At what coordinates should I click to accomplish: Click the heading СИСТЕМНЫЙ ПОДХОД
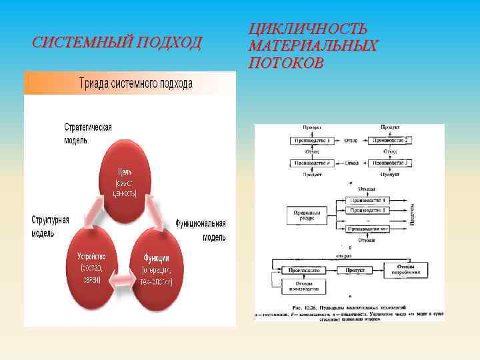117,43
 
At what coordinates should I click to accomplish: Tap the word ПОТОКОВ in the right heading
287,63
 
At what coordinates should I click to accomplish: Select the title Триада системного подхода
136,83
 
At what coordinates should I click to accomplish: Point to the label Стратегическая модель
87,133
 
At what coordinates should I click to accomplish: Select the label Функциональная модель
201,230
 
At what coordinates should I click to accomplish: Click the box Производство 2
390,141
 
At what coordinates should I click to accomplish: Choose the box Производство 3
390,163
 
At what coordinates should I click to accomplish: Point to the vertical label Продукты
412,213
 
